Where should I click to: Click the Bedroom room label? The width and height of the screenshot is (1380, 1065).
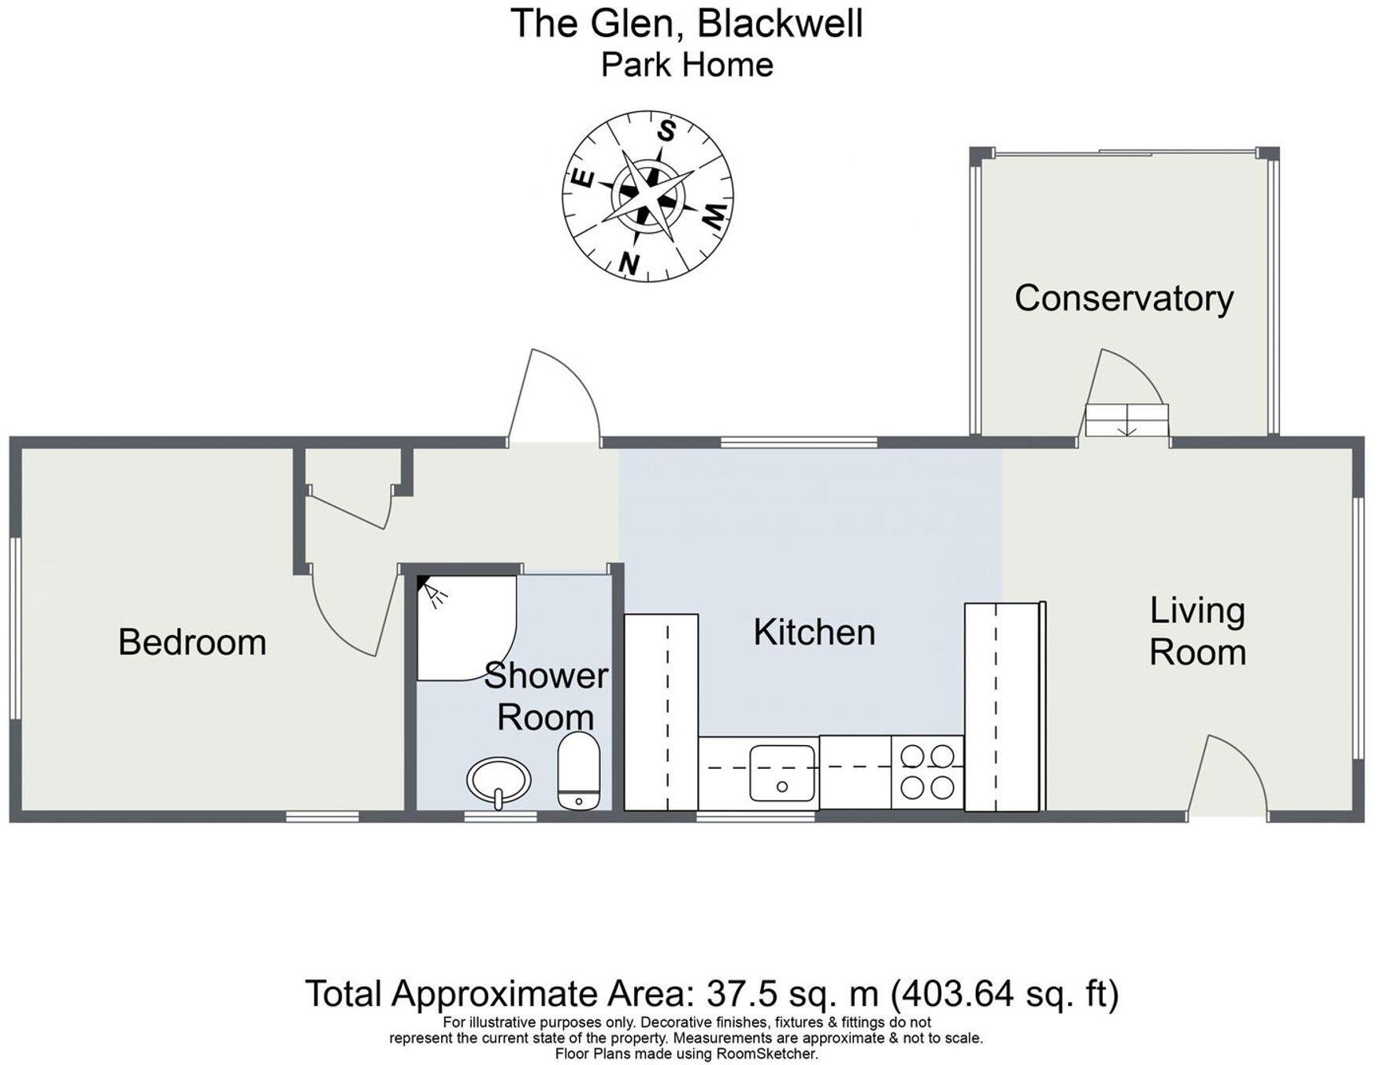[192, 643]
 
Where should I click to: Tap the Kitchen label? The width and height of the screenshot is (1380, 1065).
[814, 633]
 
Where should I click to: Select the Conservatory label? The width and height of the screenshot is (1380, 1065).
[1123, 299]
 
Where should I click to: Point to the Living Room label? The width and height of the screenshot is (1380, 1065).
[1197, 632]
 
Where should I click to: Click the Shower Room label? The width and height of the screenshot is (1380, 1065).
[545, 696]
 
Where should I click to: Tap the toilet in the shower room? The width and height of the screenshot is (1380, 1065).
[579, 770]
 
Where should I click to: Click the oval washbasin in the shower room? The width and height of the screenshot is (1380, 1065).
[499, 781]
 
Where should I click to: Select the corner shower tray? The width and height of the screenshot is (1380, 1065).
[463, 627]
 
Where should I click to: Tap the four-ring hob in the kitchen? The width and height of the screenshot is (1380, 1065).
[927, 772]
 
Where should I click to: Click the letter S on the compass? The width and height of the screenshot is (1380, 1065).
[667, 131]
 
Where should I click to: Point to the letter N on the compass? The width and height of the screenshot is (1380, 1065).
[629, 262]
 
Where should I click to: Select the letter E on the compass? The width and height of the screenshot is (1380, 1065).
[582, 178]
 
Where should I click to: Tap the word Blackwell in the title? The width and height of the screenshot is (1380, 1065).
[780, 24]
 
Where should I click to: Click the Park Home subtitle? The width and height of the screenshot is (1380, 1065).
[687, 65]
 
